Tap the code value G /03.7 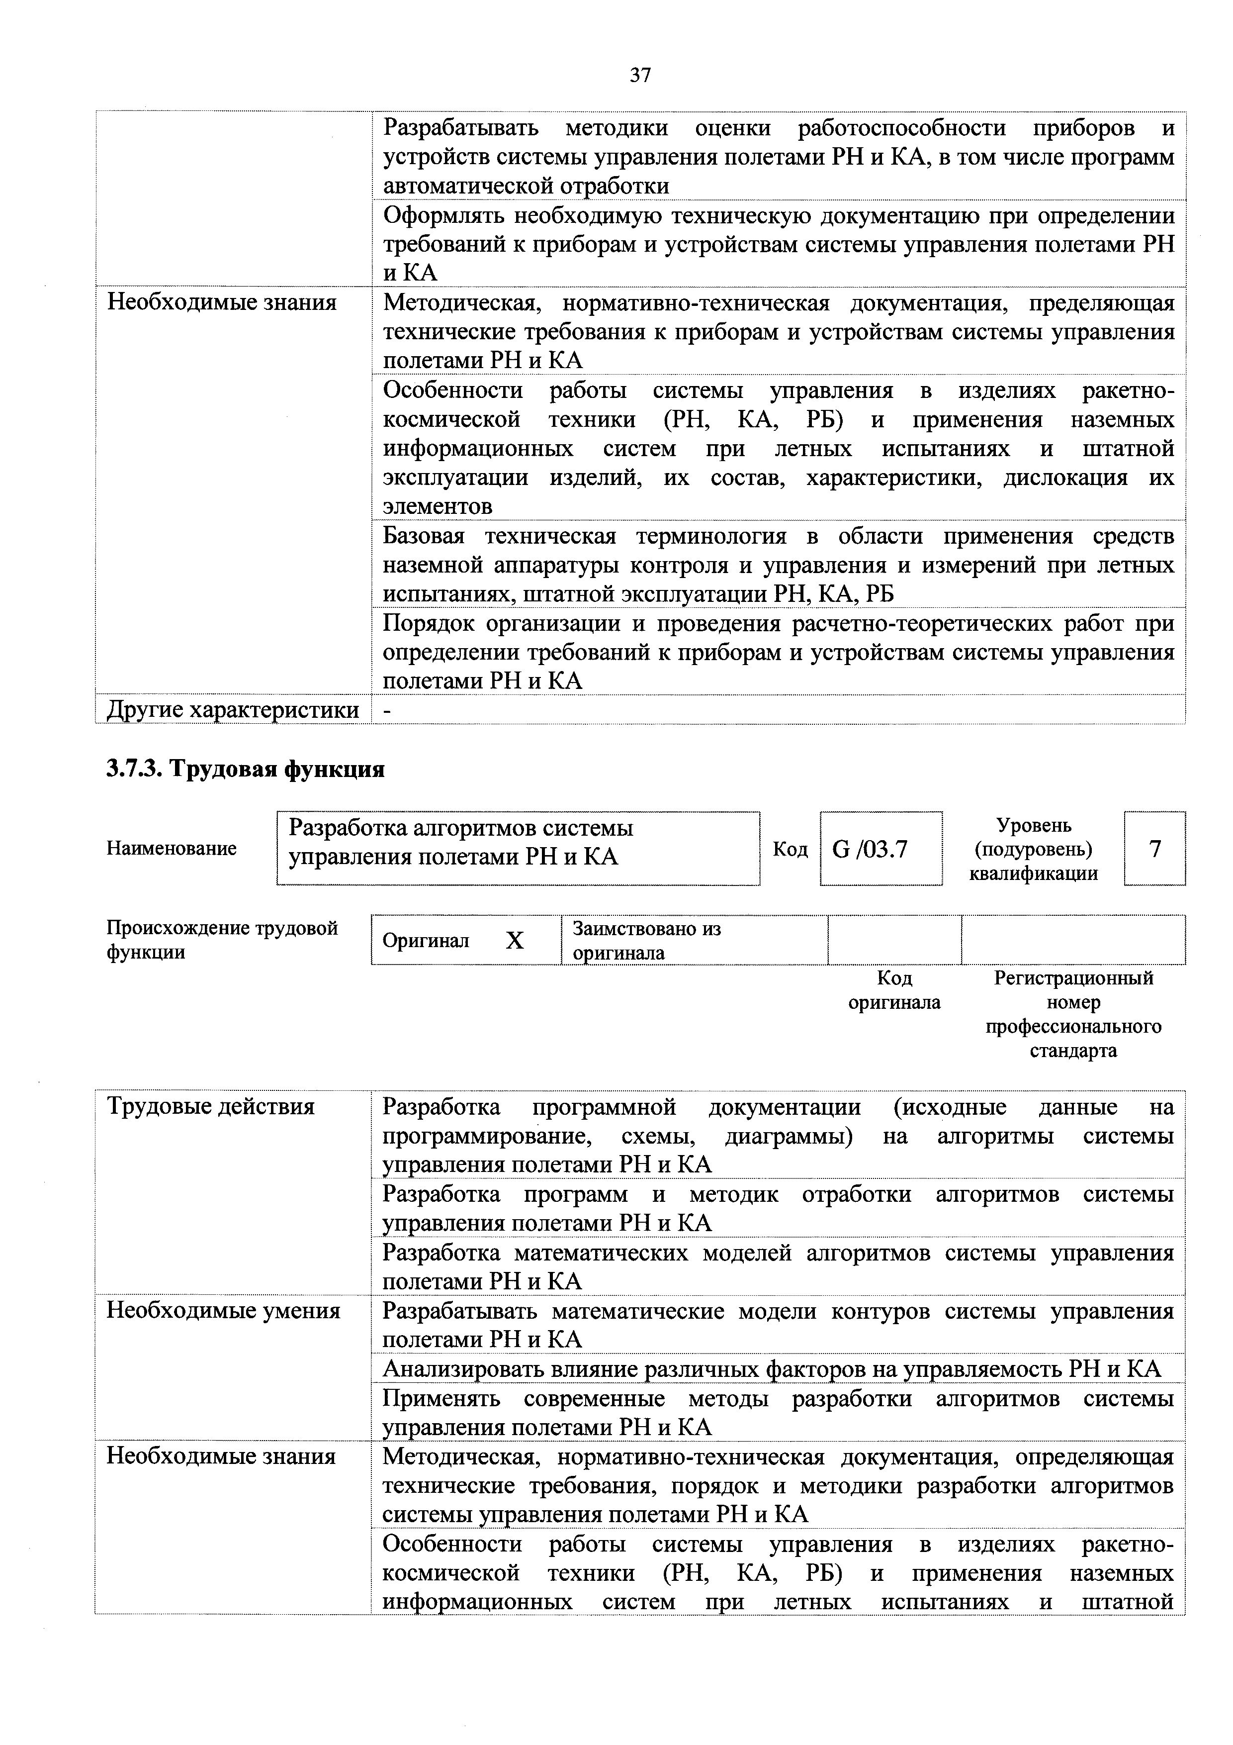coord(870,848)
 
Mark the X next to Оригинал coord(515,941)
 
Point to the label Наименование coord(172,848)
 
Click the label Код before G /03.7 coord(790,848)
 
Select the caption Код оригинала coord(894,989)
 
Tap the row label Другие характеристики coord(233,710)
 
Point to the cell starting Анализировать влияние coord(771,1369)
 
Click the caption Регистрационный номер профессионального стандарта coord(1073,1014)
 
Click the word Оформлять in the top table coord(442,216)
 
